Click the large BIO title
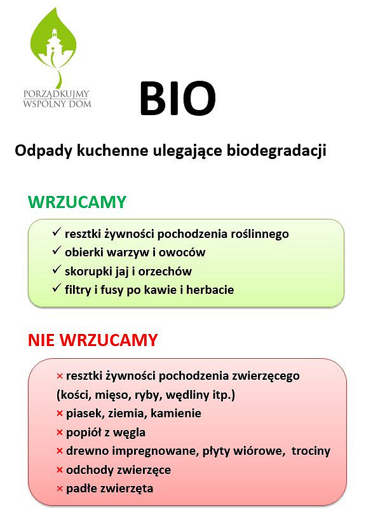point(177,99)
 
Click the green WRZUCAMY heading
point(77,202)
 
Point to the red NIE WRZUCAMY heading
point(92,340)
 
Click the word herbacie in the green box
point(212,290)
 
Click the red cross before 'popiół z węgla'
point(60,433)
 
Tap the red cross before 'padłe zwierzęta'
point(60,489)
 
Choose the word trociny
point(311,451)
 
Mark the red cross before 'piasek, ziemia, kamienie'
point(60,414)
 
